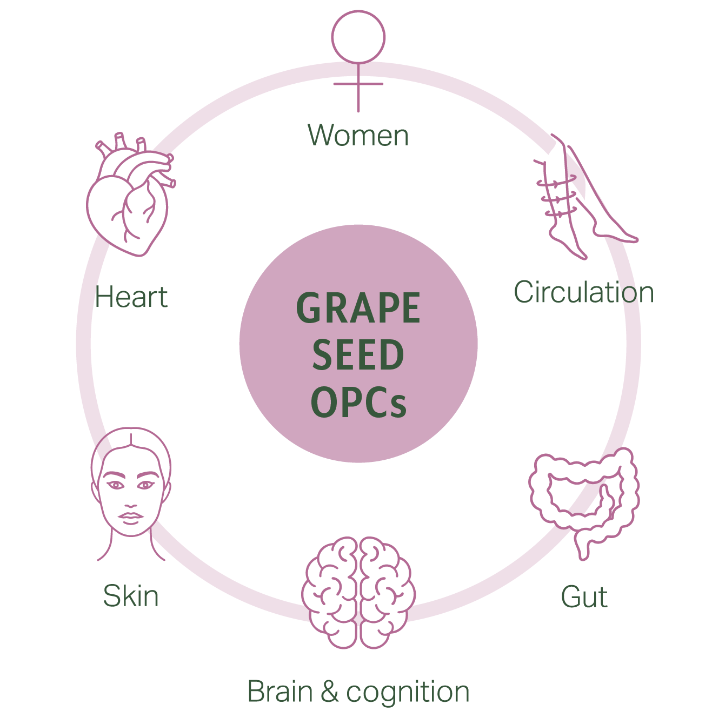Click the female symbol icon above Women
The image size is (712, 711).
[x=358, y=59]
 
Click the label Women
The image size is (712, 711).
[x=358, y=135]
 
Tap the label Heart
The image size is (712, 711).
[x=131, y=297]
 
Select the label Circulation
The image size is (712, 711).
[x=584, y=292]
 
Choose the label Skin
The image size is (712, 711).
[x=131, y=596]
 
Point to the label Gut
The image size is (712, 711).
[x=584, y=597]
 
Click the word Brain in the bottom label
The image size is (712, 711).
[x=280, y=692]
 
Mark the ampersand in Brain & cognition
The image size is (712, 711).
[x=329, y=692]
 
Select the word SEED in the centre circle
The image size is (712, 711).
[x=358, y=355]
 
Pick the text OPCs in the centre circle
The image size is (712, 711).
[x=358, y=402]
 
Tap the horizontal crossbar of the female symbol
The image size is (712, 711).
[x=358, y=84]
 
